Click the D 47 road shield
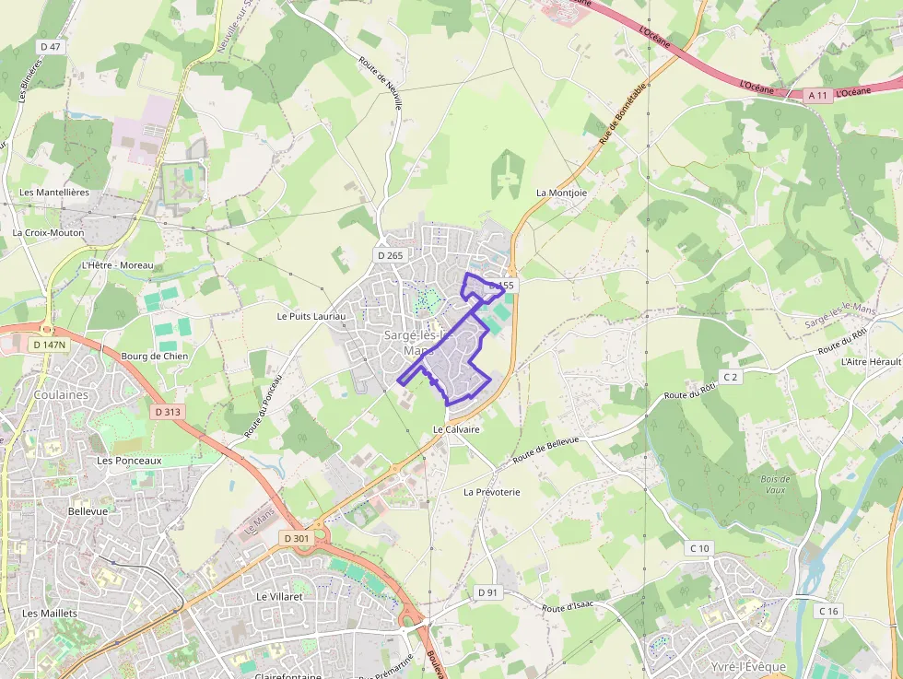(51, 46)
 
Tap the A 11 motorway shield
(818, 95)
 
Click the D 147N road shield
(50, 345)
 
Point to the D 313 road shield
(168, 412)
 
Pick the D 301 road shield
(297, 538)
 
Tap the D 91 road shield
(487, 591)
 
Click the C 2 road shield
(731, 377)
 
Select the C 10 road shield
(699, 549)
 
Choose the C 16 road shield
(829, 611)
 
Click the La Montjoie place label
(561, 193)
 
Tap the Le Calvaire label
(457, 429)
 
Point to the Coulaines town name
(61, 394)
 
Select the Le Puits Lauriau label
(311, 316)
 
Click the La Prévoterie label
(492, 492)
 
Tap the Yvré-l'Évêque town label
(749, 666)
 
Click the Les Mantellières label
(54, 193)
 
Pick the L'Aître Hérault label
(871, 362)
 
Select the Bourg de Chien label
(155, 356)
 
